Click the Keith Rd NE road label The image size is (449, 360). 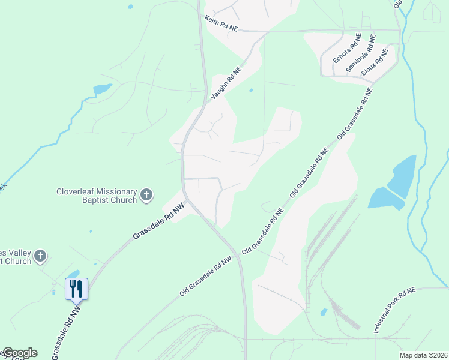221,24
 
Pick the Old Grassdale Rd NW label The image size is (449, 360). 205,277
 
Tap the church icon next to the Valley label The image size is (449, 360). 40,256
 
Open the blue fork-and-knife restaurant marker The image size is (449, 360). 76,288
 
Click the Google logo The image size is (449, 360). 19,353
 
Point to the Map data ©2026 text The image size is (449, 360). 423,355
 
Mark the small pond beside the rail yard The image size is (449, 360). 324,312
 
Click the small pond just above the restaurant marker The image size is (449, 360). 74,274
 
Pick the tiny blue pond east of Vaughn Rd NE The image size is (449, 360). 251,91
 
